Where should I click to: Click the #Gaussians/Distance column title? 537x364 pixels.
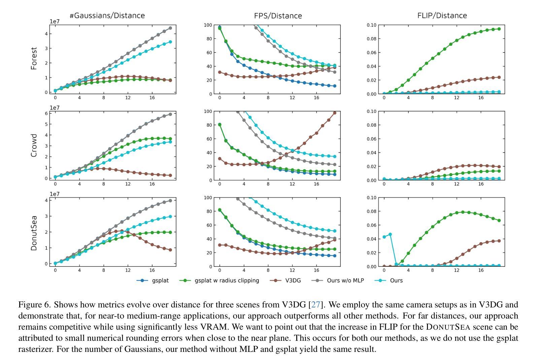pyautogui.click(x=107, y=15)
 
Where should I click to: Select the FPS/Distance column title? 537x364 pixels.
pyautogui.click(x=278, y=16)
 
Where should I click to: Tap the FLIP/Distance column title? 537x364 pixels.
pyautogui.click(x=442, y=15)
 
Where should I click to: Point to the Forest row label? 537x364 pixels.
pyautogui.click(x=34, y=59)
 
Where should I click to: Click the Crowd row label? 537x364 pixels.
pyautogui.click(x=34, y=145)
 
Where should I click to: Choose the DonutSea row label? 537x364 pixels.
pyautogui.click(x=34, y=233)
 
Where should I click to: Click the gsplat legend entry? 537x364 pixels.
pyautogui.click(x=160, y=280)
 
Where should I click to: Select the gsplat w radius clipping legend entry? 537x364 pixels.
pyautogui.click(x=227, y=280)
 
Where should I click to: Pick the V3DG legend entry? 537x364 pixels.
pyautogui.click(x=293, y=280)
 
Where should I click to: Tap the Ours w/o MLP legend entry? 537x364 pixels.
pyautogui.click(x=345, y=280)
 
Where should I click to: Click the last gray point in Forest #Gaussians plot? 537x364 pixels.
pyautogui.click(x=170, y=28)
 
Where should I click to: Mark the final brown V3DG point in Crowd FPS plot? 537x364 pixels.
pyautogui.click(x=334, y=113)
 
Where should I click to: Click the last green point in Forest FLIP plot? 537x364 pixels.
pyautogui.click(x=499, y=29)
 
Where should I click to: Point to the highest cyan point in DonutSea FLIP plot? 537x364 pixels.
pyautogui.click(x=390, y=234)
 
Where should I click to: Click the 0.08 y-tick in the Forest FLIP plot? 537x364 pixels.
pyautogui.click(x=371, y=39)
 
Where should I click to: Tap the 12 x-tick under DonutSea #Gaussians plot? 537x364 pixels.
pyautogui.click(x=128, y=270)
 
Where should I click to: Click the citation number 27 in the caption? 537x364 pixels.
pyautogui.click(x=316, y=305)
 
